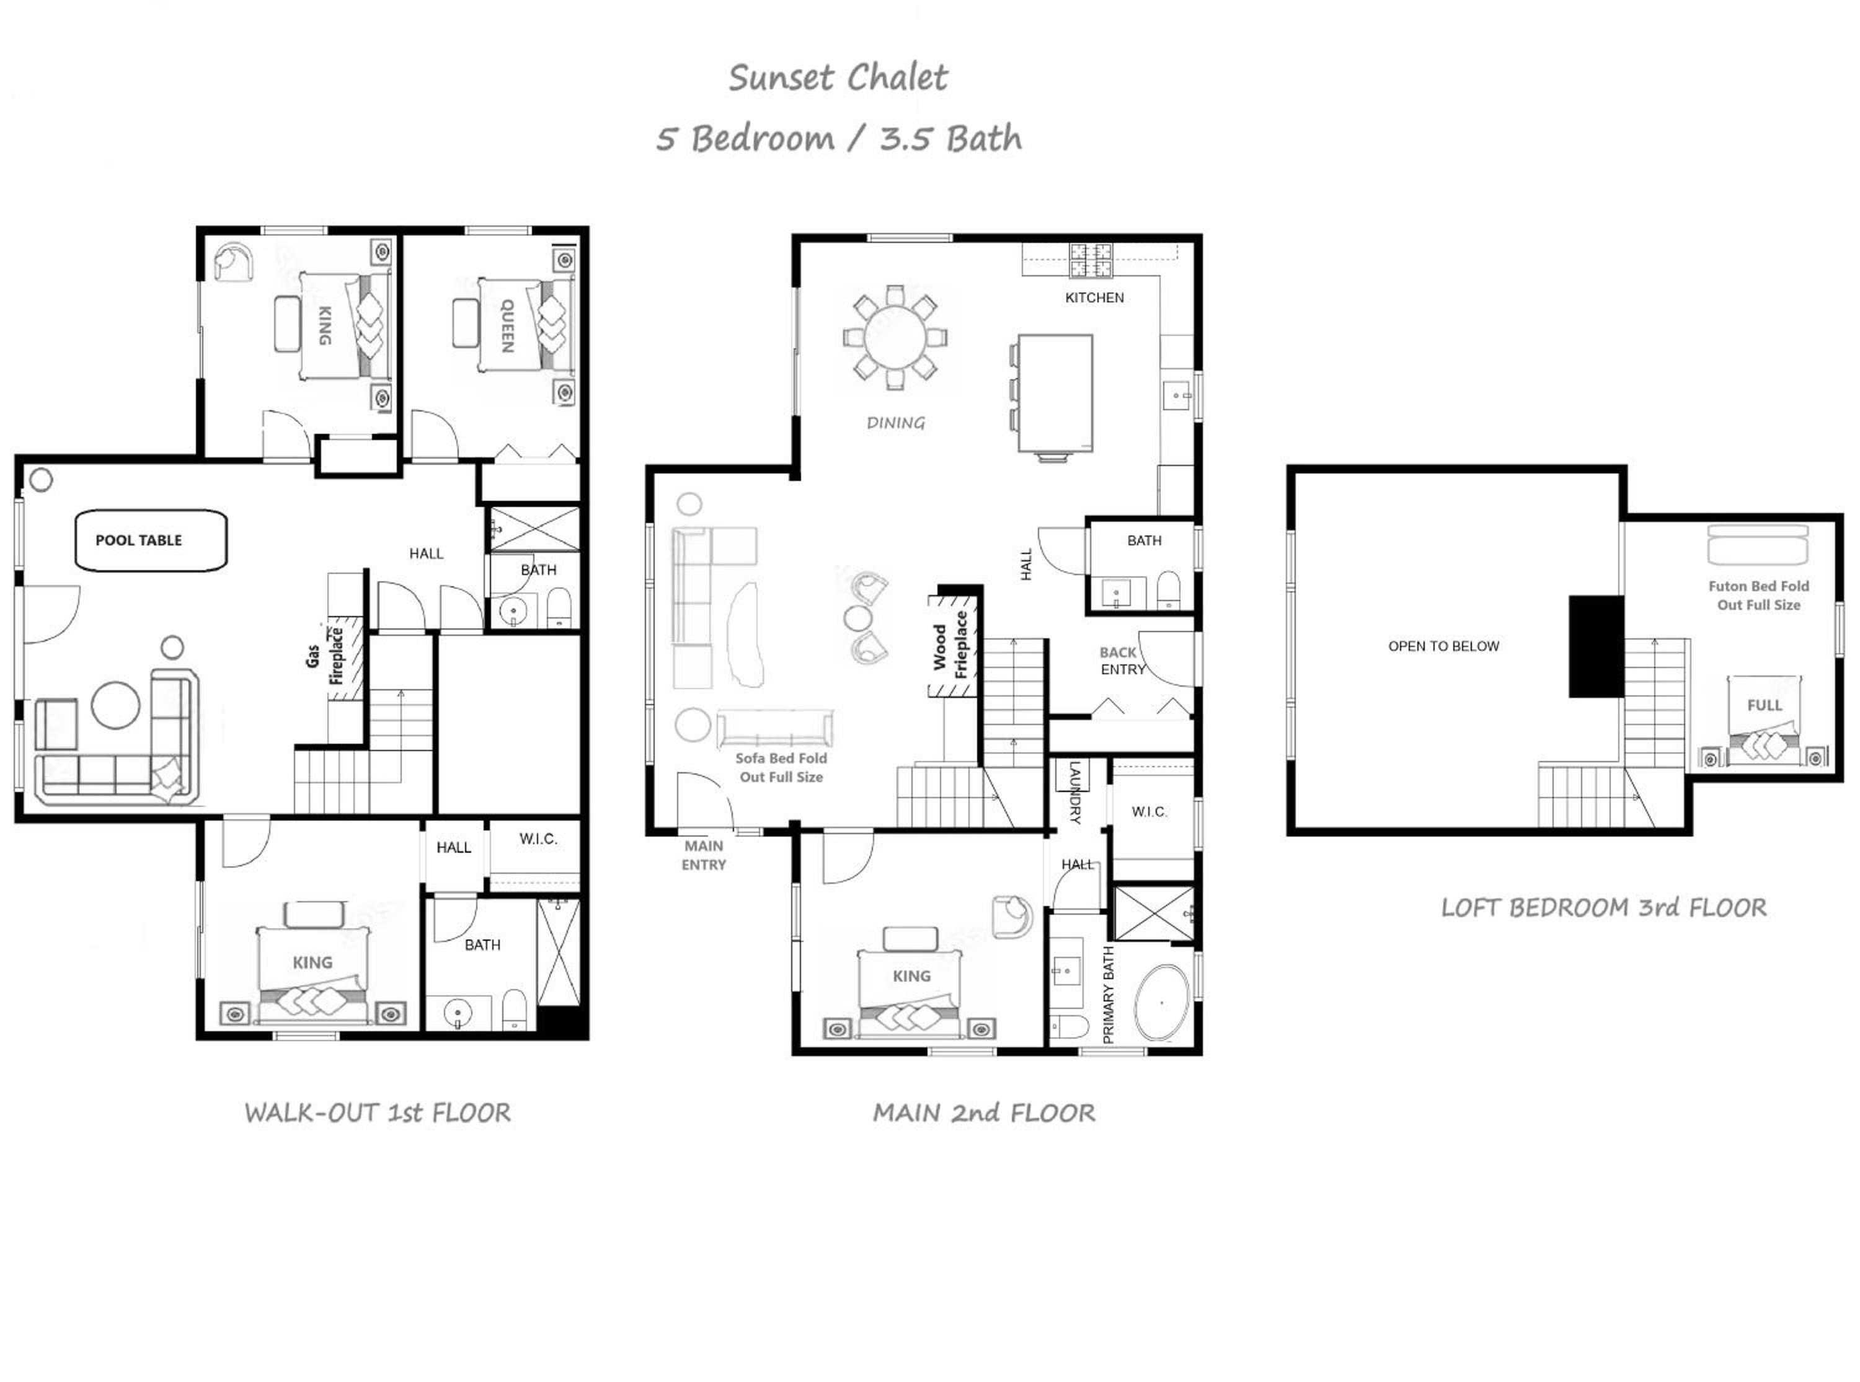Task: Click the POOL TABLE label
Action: coord(139,540)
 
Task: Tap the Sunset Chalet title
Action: coord(838,78)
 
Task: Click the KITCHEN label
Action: coord(1094,298)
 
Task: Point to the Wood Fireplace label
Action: coord(950,645)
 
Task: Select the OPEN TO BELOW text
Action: coord(1443,646)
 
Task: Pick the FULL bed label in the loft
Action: coord(1765,705)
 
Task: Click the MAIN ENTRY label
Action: coord(703,855)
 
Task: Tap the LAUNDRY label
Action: coord(1075,792)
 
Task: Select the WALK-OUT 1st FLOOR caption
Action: coord(378,1112)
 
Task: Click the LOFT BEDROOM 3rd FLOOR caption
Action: coord(1603,908)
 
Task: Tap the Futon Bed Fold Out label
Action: coord(1758,596)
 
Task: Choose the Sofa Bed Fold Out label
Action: coord(781,767)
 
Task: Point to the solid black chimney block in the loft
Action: coord(1596,646)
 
